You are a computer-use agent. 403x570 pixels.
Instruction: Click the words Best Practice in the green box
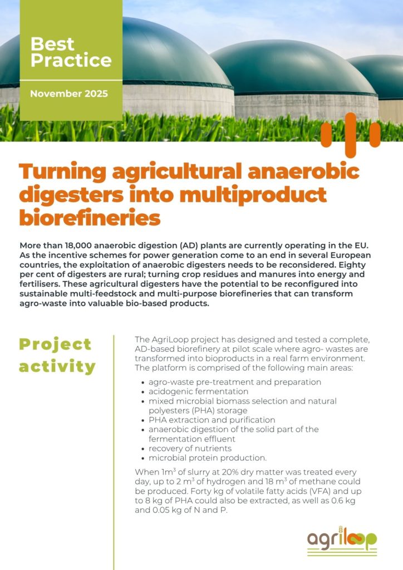tap(71, 52)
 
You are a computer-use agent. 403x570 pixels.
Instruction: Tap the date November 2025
tap(69, 94)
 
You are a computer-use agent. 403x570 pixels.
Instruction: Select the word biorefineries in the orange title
tap(90, 218)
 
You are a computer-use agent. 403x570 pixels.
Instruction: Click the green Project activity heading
tap(57, 355)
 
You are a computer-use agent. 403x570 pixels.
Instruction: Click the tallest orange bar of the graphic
tap(351, 135)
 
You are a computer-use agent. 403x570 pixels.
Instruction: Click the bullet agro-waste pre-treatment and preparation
tap(235, 382)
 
